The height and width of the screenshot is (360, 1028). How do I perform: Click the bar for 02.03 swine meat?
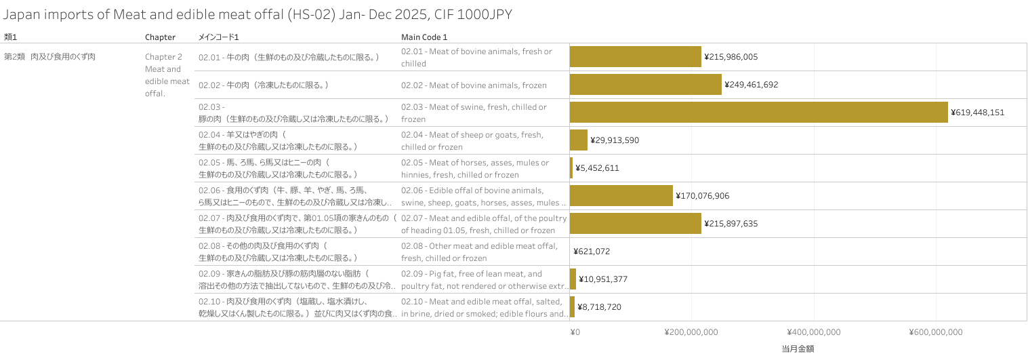pos(758,113)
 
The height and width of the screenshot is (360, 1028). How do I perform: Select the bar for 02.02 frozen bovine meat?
pos(645,85)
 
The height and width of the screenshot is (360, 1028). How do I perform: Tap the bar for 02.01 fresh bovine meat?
pos(635,57)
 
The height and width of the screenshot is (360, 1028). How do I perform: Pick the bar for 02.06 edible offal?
pos(621,196)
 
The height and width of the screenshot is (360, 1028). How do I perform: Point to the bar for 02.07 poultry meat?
pos(635,224)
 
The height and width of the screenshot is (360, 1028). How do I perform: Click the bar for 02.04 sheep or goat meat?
pos(578,140)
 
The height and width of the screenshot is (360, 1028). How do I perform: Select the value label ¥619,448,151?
pos(977,113)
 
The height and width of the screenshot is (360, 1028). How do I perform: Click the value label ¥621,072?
pos(592,252)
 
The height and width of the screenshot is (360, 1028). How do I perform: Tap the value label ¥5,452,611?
pos(597,168)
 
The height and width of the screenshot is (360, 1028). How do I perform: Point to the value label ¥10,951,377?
pos(603,279)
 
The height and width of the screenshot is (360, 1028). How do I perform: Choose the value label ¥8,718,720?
pos(599,307)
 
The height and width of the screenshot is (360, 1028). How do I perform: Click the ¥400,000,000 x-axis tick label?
pos(813,332)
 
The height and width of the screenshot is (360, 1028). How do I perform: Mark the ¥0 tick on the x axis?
pos(575,332)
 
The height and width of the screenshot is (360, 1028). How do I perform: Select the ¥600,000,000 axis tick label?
pos(935,332)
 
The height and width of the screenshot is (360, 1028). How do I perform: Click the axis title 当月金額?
pos(798,349)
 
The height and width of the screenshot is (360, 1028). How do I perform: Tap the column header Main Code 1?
pos(424,37)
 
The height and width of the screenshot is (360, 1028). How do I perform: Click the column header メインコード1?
pos(218,37)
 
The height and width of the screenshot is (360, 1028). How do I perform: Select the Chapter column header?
pos(160,37)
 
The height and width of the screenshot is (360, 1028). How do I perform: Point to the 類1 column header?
pos(10,37)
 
